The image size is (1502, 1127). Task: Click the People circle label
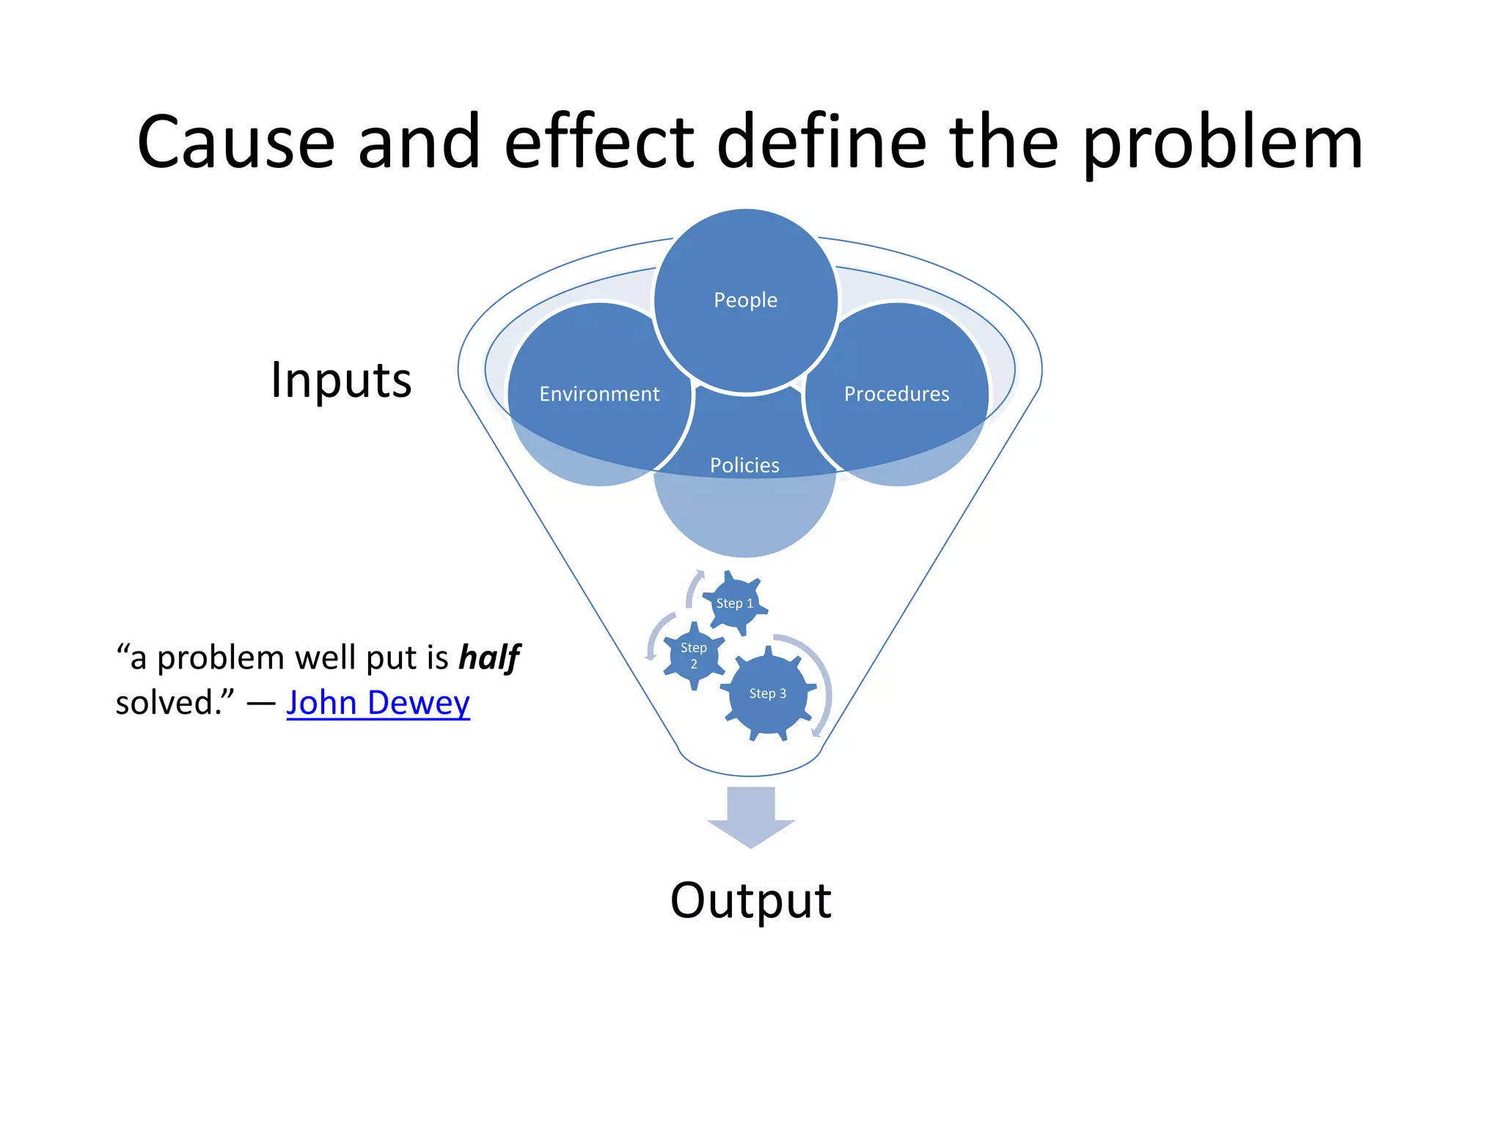(745, 300)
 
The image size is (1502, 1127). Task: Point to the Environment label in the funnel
(599, 394)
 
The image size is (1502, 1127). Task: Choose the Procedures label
(896, 394)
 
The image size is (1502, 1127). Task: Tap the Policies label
(744, 465)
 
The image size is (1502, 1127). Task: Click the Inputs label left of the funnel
(341, 380)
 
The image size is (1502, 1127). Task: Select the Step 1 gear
(734, 603)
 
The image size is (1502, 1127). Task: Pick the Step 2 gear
(693, 655)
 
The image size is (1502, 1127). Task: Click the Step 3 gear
(767, 693)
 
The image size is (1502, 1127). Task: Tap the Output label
(750, 900)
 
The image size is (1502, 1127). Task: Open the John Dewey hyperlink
(378, 703)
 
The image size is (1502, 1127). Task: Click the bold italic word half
(489, 657)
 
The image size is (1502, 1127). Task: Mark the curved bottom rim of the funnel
(750, 773)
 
